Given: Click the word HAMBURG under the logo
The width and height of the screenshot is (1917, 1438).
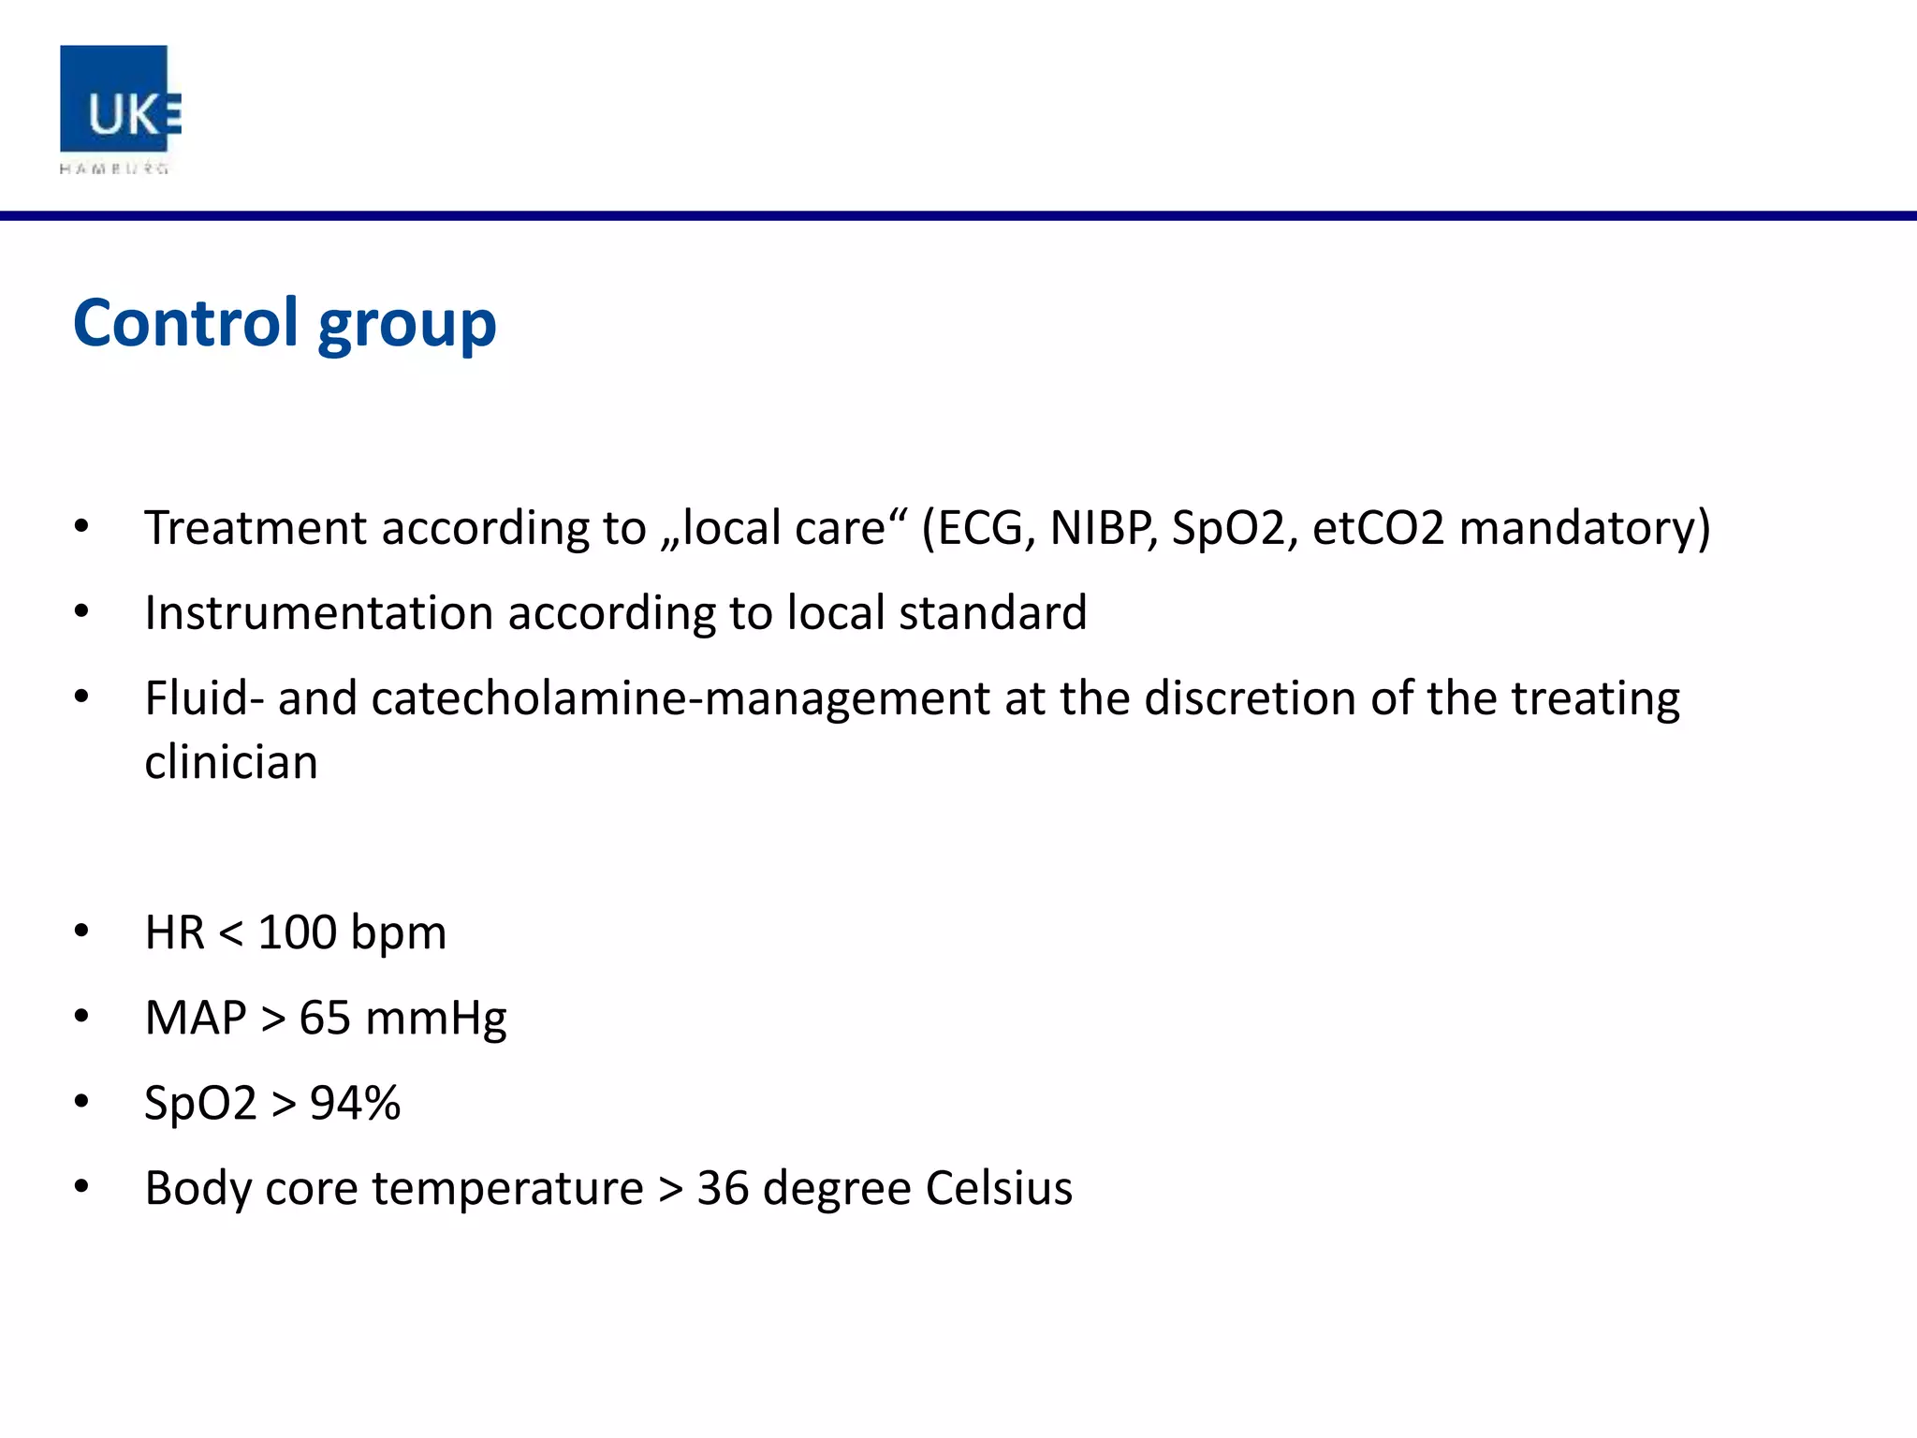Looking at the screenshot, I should (114, 169).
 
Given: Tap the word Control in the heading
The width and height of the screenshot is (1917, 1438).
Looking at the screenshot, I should (185, 323).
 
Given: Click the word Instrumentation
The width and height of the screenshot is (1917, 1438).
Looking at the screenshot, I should (318, 613).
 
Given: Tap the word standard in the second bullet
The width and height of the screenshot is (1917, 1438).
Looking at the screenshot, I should (993, 613).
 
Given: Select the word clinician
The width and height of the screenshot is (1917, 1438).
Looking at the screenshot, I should (231, 762).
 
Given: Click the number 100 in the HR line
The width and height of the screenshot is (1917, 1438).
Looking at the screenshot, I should (297, 932).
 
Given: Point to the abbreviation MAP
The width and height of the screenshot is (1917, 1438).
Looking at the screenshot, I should (195, 1018).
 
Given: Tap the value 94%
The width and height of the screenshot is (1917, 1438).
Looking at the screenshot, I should (356, 1103).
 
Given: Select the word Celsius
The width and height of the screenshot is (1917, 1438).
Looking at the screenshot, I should (999, 1188).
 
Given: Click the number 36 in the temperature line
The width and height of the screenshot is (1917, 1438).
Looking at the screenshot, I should (723, 1188).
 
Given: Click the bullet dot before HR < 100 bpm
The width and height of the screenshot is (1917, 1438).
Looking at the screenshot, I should (82, 932).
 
